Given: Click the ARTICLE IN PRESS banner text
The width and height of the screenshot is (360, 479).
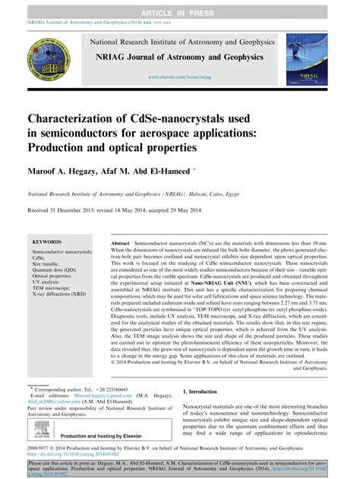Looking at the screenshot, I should coord(180,6).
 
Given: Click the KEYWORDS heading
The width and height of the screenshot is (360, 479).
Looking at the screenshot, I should coord(47,242).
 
